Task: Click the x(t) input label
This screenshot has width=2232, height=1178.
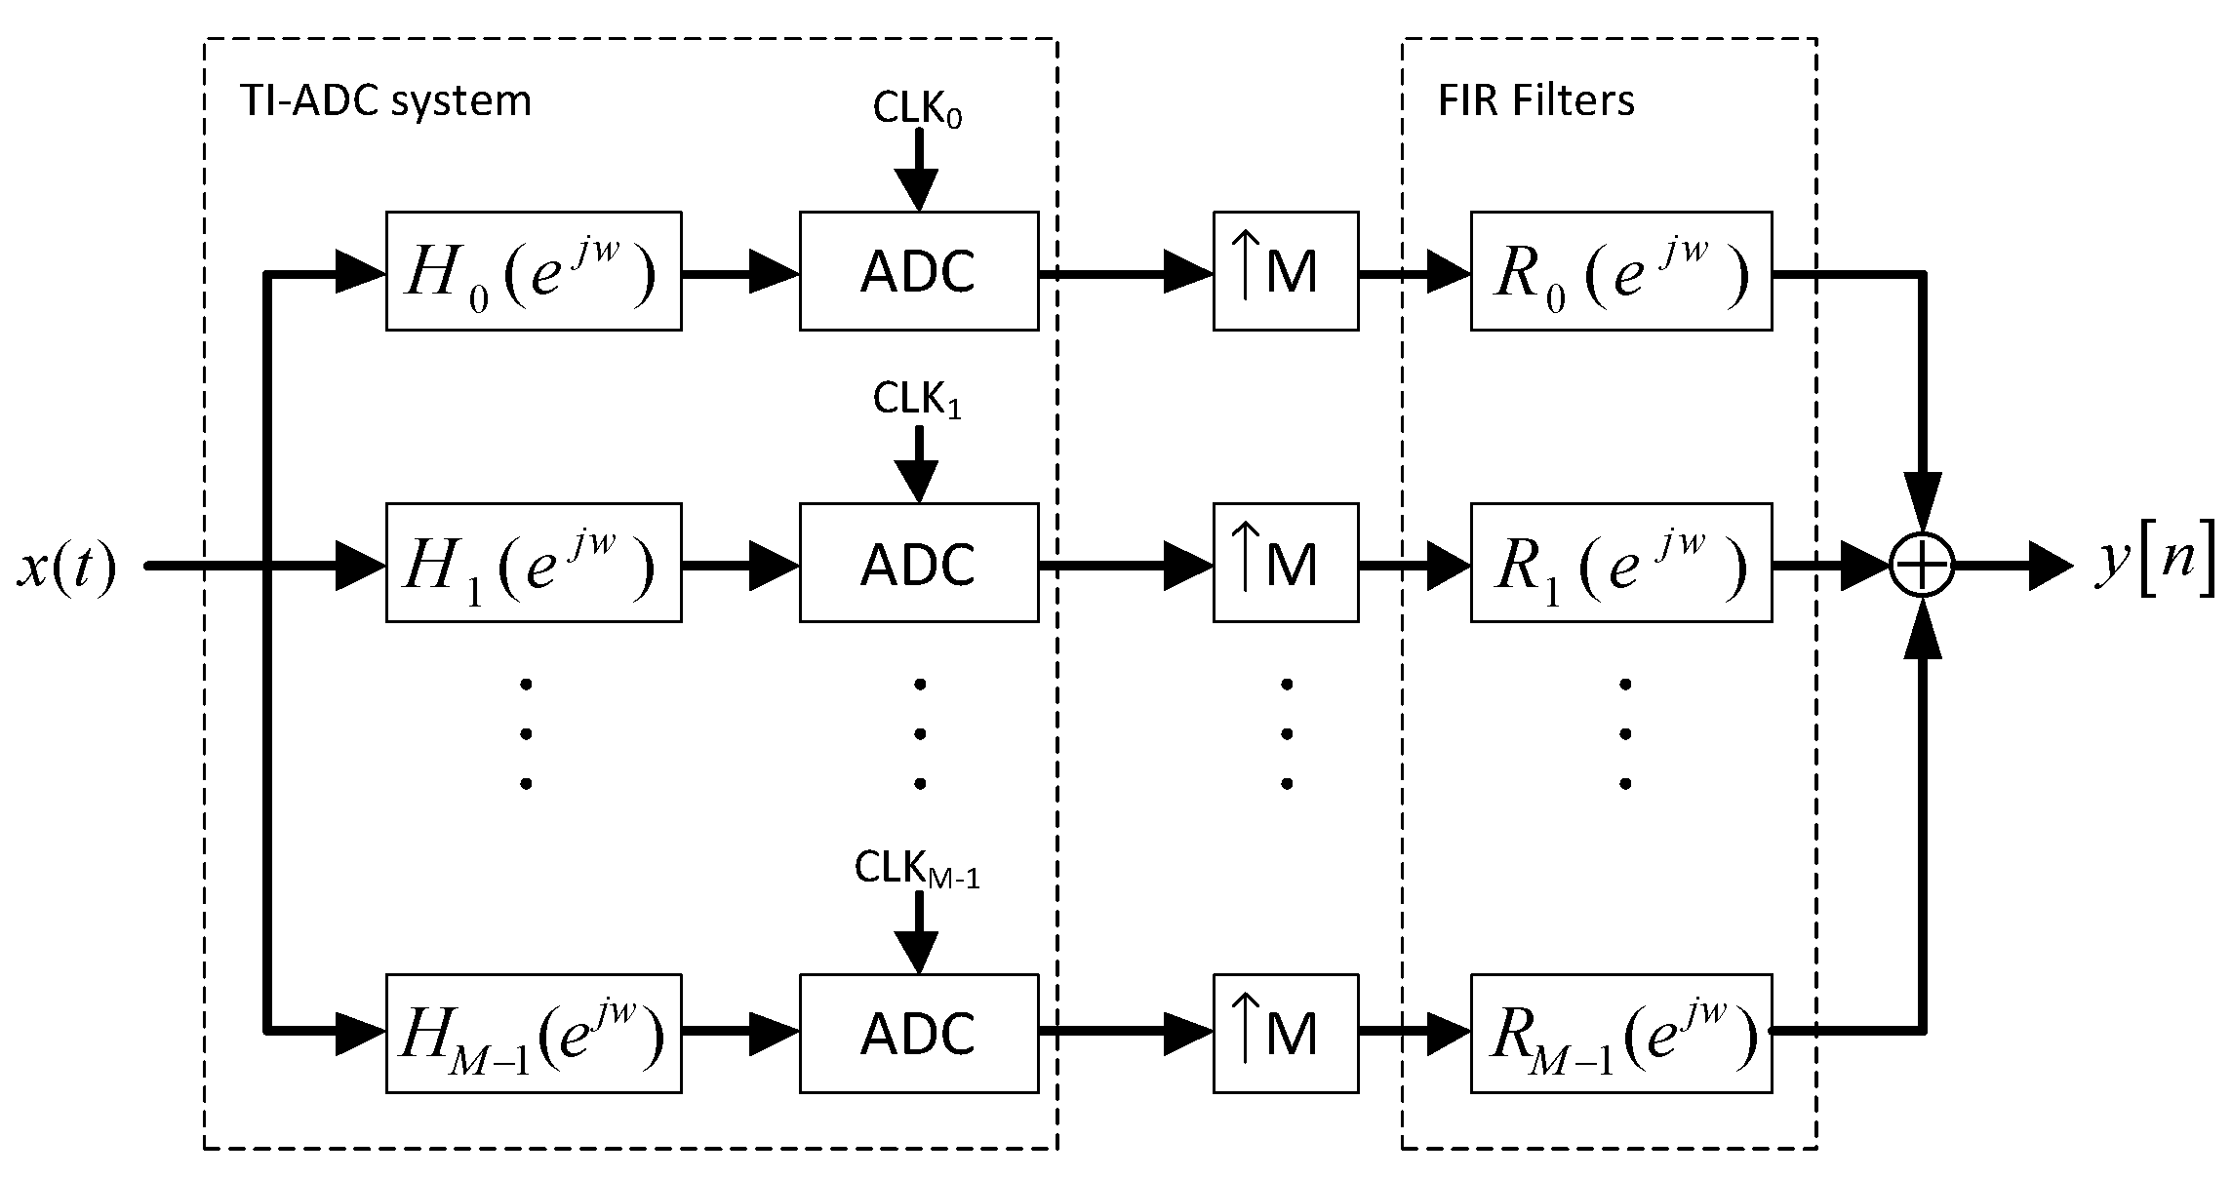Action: coord(66,567)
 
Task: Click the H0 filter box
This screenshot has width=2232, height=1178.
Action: coord(533,271)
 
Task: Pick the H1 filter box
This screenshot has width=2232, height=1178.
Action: coord(533,563)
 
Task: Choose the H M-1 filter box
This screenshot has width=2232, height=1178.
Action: coord(533,1033)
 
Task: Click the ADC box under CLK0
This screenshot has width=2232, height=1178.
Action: coord(918,271)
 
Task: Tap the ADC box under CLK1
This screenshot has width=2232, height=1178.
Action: coord(918,563)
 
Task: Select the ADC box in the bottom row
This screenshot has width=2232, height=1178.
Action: coord(918,1033)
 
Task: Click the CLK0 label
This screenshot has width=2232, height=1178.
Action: coord(917,110)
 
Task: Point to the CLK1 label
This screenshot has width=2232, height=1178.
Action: coord(917,400)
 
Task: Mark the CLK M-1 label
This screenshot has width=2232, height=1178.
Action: coord(917,868)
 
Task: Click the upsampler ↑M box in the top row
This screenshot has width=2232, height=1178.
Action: coord(1285,271)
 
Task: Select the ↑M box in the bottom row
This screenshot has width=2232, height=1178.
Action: coord(1285,1033)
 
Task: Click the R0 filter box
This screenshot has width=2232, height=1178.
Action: coord(1620,271)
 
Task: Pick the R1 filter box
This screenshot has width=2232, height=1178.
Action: coord(1620,563)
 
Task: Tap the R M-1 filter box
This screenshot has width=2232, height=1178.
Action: coord(1620,1033)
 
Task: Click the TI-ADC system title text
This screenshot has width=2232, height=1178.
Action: coord(385,101)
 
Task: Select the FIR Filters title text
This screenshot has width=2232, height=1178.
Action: coord(1535,101)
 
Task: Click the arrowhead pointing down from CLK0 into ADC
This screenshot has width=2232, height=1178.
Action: coord(917,189)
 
